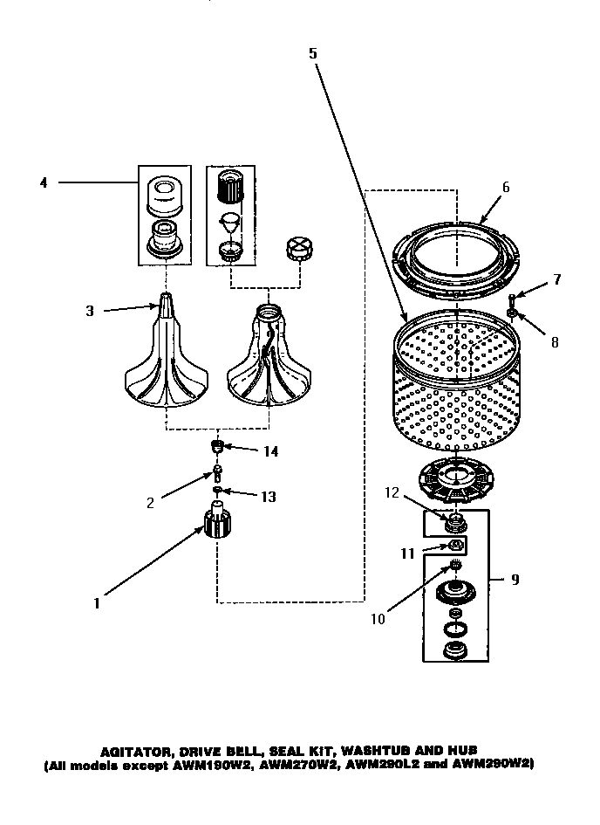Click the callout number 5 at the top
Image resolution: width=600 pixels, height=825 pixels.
pyautogui.click(x=313, y=53)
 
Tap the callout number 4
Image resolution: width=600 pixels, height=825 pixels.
pyautogui.click(x=43, y=182)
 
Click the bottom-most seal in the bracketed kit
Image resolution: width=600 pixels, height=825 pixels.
pyautogui.click(x=453, y=650)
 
